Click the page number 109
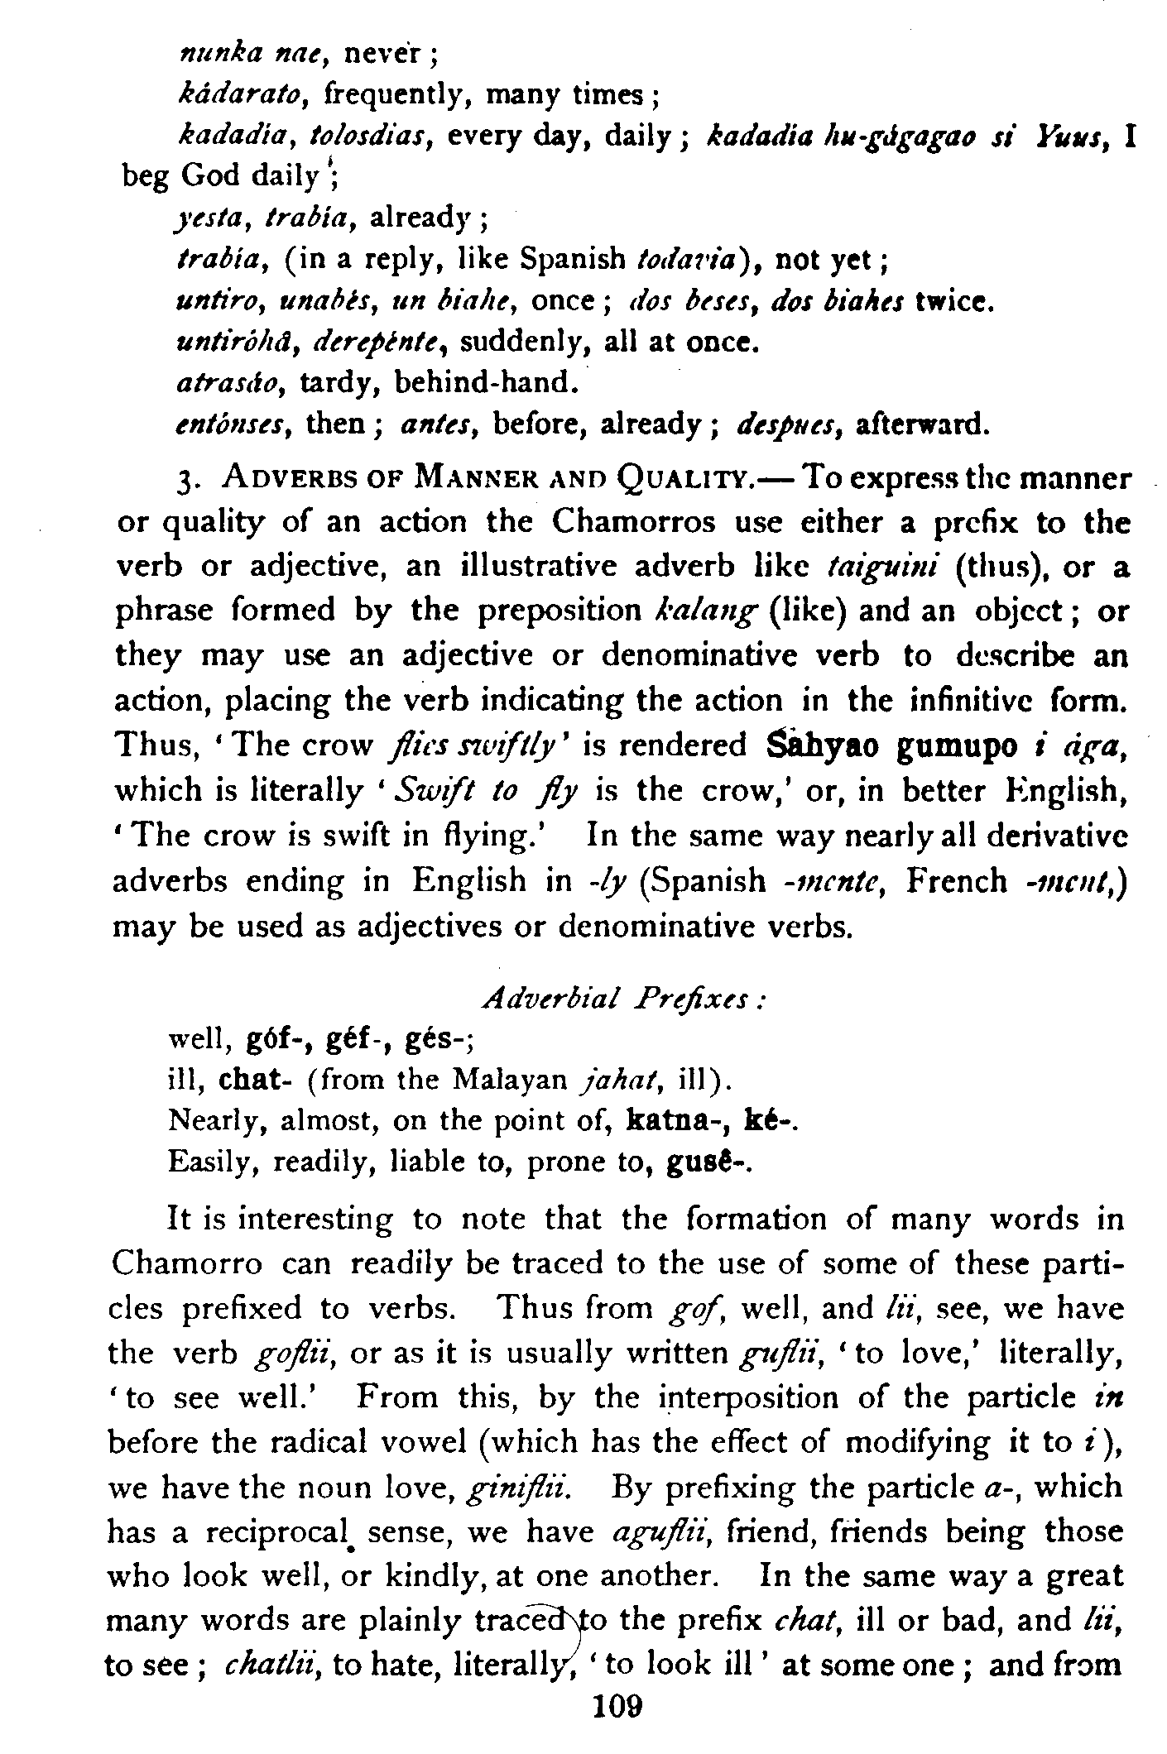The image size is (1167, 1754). (617, 1726)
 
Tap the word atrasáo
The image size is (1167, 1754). (231, 382)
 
